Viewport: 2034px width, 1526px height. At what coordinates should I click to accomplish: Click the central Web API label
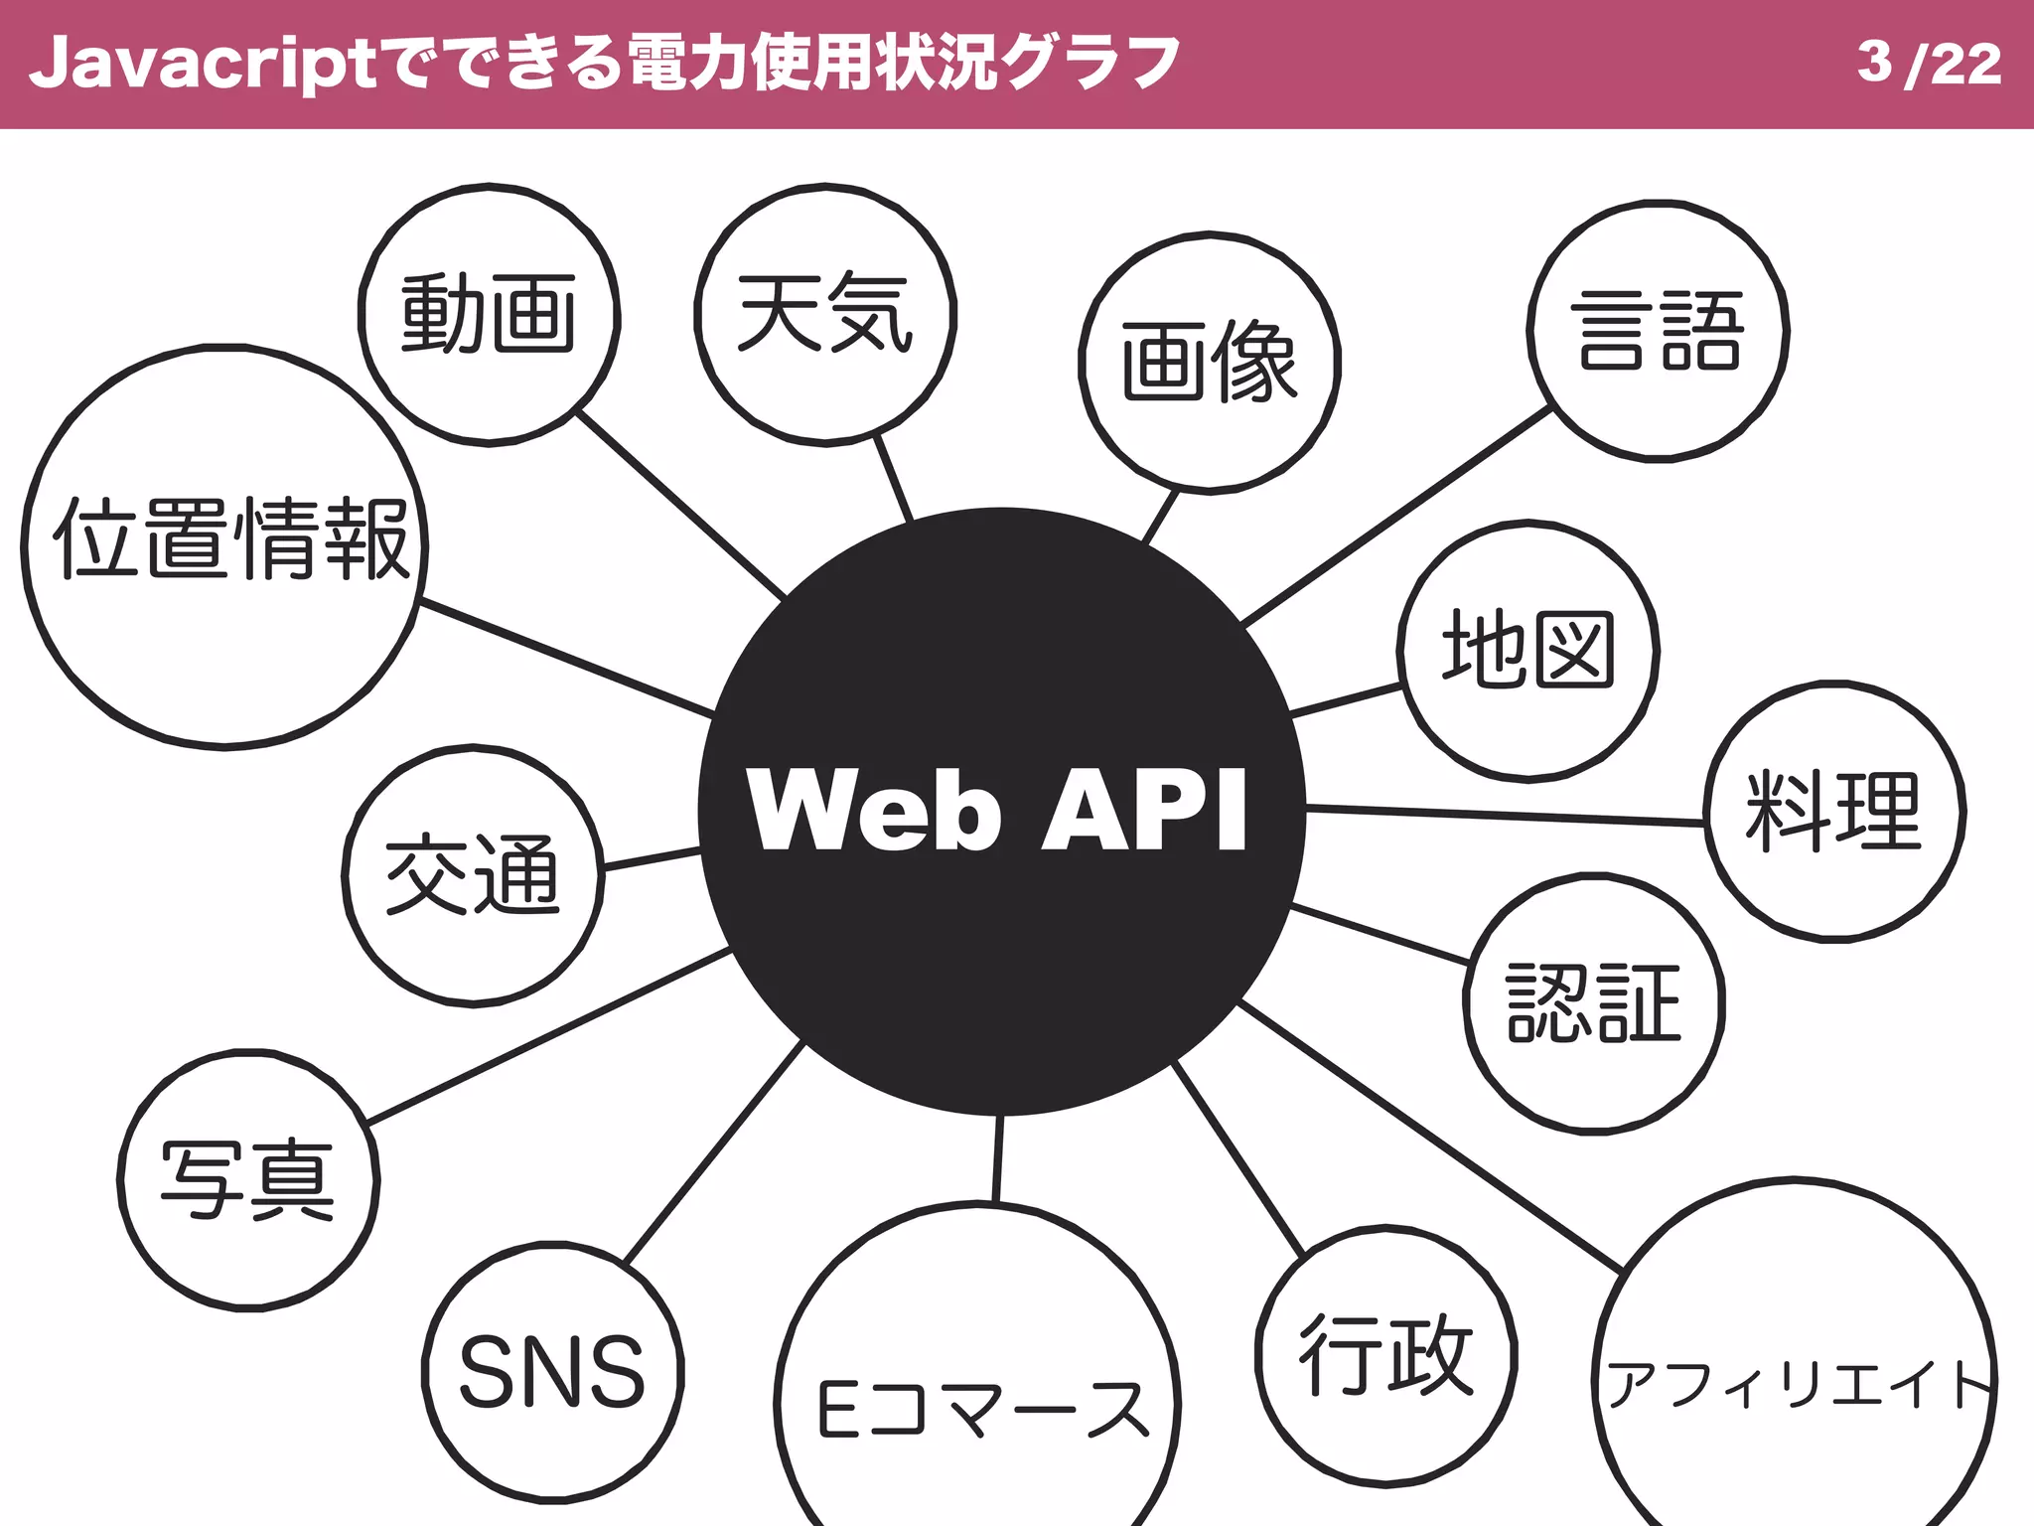coord(997,809)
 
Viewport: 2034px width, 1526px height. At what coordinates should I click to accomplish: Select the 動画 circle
coord(489,314)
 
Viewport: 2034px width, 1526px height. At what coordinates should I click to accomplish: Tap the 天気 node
coord(824,314)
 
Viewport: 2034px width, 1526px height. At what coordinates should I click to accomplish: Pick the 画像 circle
coord(1209,362)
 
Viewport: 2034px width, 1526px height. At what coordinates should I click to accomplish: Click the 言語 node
coord(1658,331)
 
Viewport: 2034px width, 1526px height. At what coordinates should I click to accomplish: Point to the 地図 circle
coord(1527,651)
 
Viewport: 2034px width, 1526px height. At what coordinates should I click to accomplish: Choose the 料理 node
coord(1834,811)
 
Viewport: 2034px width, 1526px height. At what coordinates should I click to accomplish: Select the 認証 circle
coord(1593,1003)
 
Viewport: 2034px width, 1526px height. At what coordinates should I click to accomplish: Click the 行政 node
coord(1385,1355)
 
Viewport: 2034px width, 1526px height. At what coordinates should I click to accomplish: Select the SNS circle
coord(552,1371)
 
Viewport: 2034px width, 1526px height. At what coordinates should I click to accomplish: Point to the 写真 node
coord(248,1180)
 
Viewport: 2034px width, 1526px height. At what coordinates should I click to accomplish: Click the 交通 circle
coord(473,874)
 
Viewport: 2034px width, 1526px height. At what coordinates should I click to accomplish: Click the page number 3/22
coord(1929,64)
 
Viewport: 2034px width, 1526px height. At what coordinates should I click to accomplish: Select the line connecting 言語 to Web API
coord(1395,516)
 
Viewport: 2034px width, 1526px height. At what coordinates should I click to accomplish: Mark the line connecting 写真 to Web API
coord(549,1036)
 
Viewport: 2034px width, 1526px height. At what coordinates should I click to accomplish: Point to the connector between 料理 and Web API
coord(1505,816)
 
